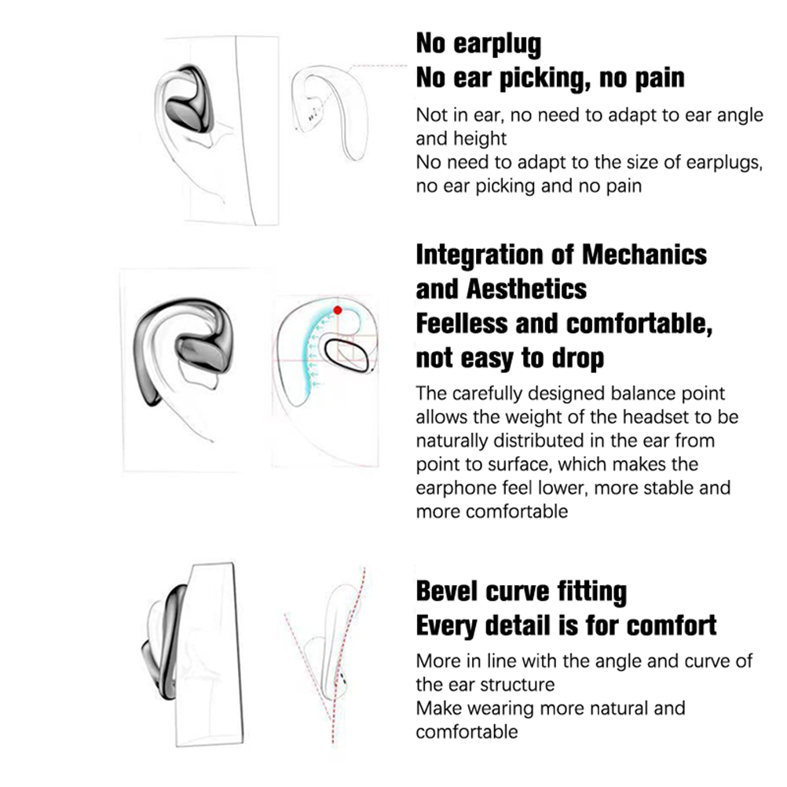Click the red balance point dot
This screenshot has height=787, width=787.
coord(338,310)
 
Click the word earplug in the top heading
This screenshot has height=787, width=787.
coord(497,44)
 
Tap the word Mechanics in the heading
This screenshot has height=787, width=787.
coord(645,254)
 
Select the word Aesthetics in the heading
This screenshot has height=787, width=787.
coord(526,289)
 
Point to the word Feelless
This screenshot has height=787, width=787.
coord(462,324)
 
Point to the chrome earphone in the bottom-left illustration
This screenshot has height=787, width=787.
coord(165,643)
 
